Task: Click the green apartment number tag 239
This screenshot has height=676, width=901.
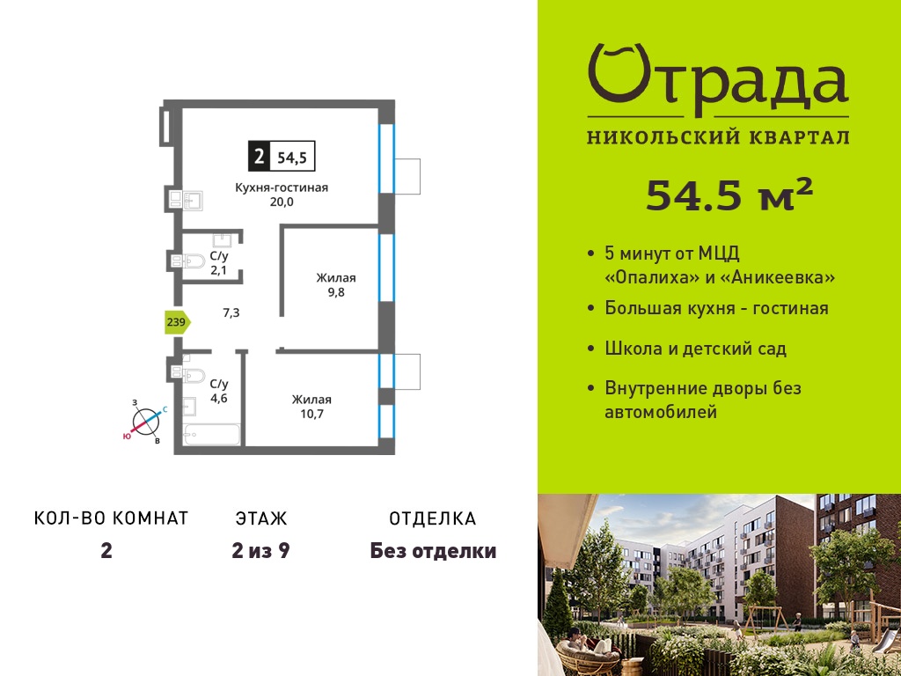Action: click(x=177, y=322)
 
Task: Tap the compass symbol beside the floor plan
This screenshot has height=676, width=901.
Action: click(x=147, y=422)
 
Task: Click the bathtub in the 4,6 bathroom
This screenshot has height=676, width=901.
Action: click(x=211, y=435)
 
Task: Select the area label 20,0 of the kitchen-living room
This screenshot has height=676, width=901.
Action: click(x=282, y=202)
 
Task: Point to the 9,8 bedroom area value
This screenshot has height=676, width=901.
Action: click(x=336, y=292)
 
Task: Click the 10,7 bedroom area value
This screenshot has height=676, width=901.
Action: click(x=312, y=414)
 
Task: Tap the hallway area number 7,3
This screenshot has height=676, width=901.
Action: click(x=231, y=313)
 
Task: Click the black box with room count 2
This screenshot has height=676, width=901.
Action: click(x=259, y=156)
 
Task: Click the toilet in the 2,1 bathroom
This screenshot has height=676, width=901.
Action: click(x=191, y=261)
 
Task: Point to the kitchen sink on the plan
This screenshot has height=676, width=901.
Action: click(x=191, y=200)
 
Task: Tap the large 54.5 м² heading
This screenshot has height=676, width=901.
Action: click(x=729, y=195)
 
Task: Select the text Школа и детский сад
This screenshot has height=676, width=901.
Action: click(x=695, y=349)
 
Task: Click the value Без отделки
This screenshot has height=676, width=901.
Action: click(x=433, y=551)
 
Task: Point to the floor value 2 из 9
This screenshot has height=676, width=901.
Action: click(x=260, y=551)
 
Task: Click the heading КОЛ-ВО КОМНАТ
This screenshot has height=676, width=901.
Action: click(x=112, y=518)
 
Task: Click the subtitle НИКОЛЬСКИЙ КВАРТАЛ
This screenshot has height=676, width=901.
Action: click(x=718, y=137)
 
